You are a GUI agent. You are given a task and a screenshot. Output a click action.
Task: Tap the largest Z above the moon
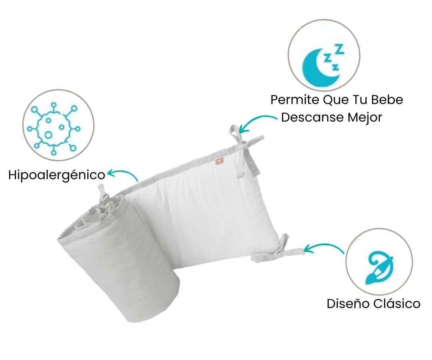340,49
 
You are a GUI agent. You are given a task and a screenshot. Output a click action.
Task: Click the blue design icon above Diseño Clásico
379,267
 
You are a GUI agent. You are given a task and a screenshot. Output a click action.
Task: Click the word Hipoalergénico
57,175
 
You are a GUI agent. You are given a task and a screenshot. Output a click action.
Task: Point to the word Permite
295,100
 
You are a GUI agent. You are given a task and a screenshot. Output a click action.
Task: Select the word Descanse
312,117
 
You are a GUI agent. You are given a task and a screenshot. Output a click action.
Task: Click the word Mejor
365,117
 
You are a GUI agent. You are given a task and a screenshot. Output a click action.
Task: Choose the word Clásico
397,304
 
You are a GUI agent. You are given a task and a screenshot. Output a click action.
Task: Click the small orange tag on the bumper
219,162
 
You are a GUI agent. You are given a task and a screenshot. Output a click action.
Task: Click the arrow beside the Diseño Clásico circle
324,245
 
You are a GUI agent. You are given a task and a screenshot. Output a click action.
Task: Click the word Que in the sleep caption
336,100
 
